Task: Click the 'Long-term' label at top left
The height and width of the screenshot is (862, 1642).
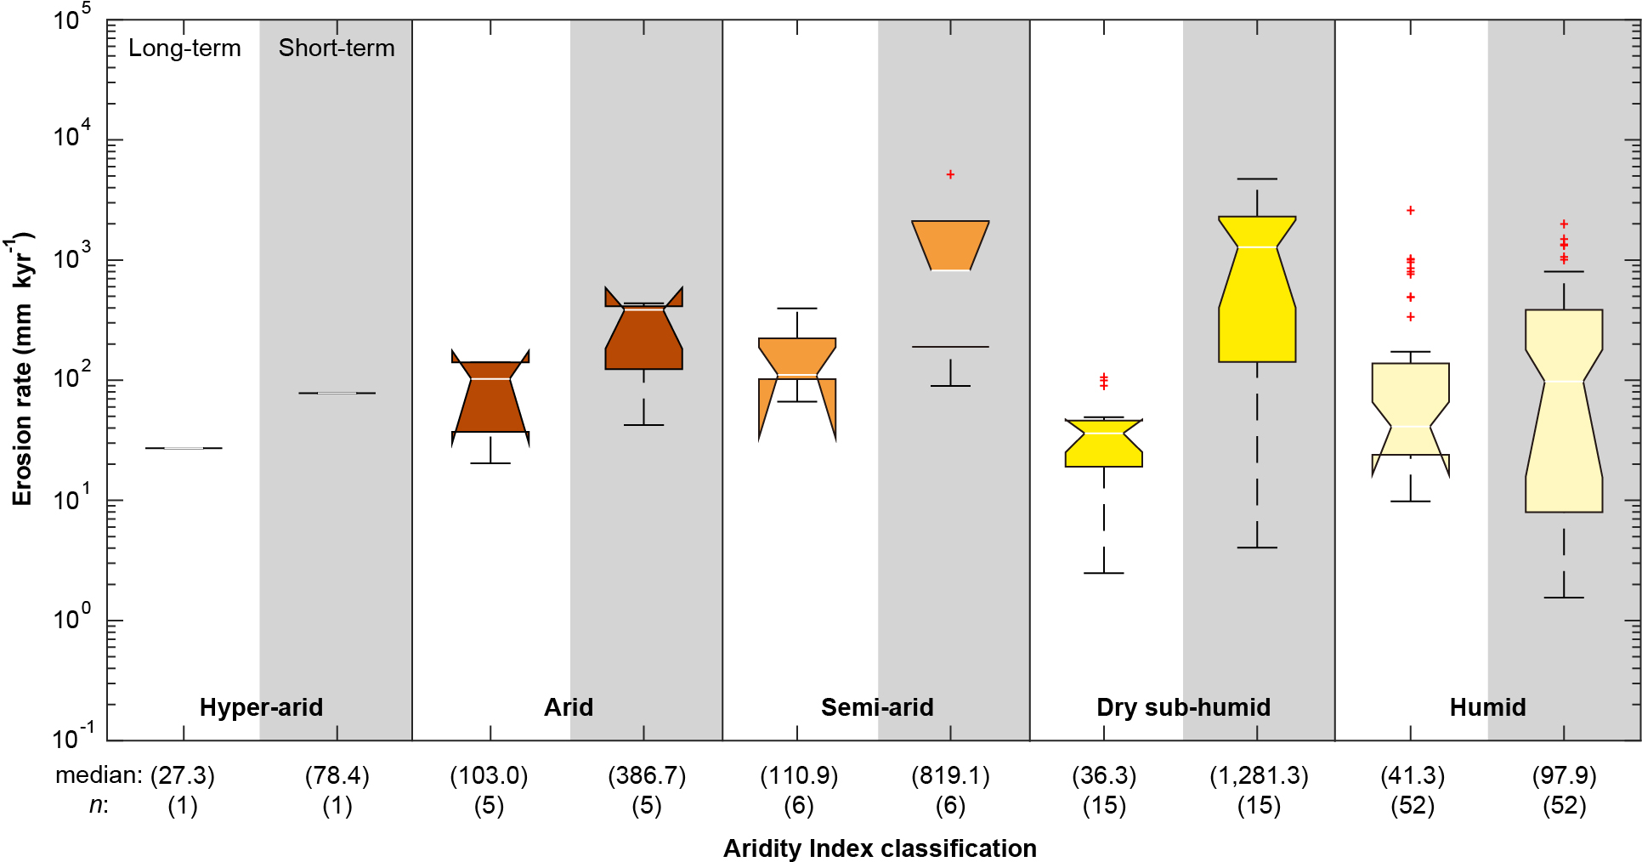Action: (184, 48)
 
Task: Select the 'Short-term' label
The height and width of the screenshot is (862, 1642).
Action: (337, 48)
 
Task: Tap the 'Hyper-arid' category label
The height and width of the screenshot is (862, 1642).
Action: (261, 707)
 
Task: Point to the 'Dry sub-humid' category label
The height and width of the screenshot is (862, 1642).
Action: (1183, 707)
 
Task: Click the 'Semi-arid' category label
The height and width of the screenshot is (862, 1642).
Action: (877, 707)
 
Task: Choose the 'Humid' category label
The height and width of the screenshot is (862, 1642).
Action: (1487, 707)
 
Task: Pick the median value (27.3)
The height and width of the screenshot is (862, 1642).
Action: (183, 775)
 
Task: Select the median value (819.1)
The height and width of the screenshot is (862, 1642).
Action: (950, 775)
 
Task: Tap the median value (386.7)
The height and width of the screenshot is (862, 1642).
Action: (647, 775)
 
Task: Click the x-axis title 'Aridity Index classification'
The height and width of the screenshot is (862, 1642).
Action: (880, 848)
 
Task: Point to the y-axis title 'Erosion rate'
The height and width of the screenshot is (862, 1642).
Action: (23, 370)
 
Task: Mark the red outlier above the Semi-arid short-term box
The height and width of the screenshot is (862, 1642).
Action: (950, 174)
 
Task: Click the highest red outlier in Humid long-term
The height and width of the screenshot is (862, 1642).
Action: (1410, 210)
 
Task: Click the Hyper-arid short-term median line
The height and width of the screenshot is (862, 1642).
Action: (337, 393)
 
